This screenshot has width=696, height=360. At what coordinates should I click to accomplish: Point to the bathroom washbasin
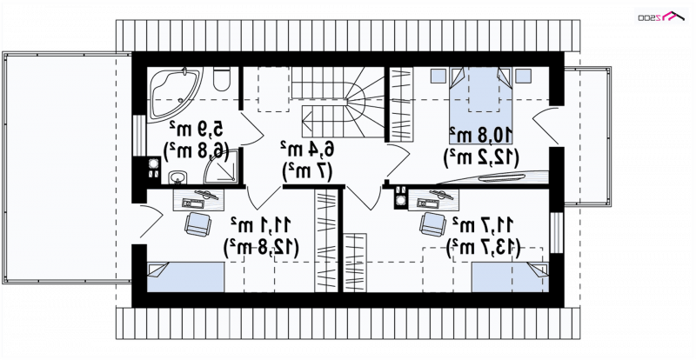click(178, 177)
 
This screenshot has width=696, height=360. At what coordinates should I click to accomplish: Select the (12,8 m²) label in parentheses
click(262, 247)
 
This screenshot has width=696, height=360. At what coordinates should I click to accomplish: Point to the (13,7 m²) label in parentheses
click(483, 247)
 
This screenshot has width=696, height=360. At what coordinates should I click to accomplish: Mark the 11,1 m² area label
click(262, 224)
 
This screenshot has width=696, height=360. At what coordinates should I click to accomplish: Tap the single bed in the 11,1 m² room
click(185, 277)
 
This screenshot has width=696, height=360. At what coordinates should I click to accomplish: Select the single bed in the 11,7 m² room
click(511, 277)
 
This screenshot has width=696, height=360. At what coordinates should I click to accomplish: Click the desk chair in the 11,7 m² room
click(432, 223)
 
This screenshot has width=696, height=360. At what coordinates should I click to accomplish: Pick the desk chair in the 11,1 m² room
click(197, 223)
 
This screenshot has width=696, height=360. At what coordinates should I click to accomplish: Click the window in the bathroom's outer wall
click(139, 136)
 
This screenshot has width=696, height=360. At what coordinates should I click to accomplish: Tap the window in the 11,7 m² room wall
click(556, 232)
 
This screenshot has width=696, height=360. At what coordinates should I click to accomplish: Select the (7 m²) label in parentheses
click(306, 171)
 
